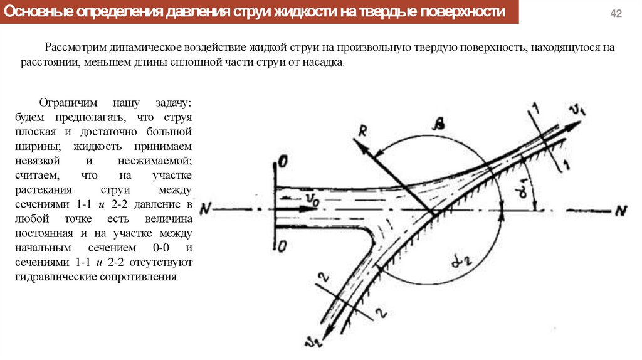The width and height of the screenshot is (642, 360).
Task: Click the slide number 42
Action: [x=616, y=14]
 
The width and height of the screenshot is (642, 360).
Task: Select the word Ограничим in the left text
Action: [x=65, y=103]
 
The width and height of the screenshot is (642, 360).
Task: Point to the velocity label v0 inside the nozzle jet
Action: [x=313, y=198]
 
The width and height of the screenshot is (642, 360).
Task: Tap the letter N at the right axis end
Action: [x=621, y=211]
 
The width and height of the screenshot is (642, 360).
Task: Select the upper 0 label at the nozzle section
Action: [x=283, y=163]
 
